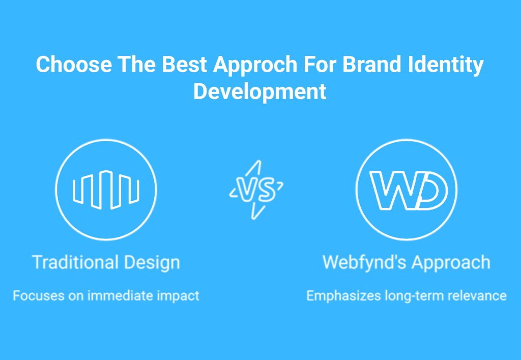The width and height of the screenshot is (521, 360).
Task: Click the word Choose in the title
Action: click(74, 64)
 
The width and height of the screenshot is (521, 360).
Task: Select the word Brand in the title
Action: click(371, 64)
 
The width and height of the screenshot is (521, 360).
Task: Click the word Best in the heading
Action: click(184, 64)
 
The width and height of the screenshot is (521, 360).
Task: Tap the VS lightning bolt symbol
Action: click(256, 190)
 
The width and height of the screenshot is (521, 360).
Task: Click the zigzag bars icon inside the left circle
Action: click(106, 190)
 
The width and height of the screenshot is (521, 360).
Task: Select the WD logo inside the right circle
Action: click(409, 190)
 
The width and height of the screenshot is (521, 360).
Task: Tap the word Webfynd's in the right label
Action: click(364, 263)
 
